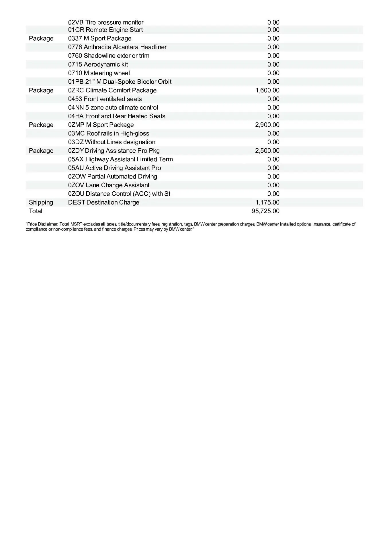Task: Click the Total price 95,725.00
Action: pos(265,211)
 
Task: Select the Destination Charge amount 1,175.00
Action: pos(267,203)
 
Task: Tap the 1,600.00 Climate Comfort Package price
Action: pos(267,91)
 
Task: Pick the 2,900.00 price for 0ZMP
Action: pos(267,125)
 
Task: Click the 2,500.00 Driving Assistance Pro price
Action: pos(267,151)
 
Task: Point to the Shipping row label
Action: pos(41,203)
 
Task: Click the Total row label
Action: pos(36,211)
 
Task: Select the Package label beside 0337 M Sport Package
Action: pos(41,39)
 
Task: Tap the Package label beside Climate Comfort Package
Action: pos(41,91)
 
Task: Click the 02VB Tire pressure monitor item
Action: pos(105,22)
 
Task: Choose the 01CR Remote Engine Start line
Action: pos(105,30)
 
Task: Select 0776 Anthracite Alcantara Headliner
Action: pos(117,47)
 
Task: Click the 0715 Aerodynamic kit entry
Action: pos(98,64)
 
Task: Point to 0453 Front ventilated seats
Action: pos(105,99)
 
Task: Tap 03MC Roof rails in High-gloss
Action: pos(109,133)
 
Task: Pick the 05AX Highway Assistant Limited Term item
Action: pos(120,159)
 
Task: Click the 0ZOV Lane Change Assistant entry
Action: pos(109,185)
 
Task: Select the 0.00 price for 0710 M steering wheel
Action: pos(273,73)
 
